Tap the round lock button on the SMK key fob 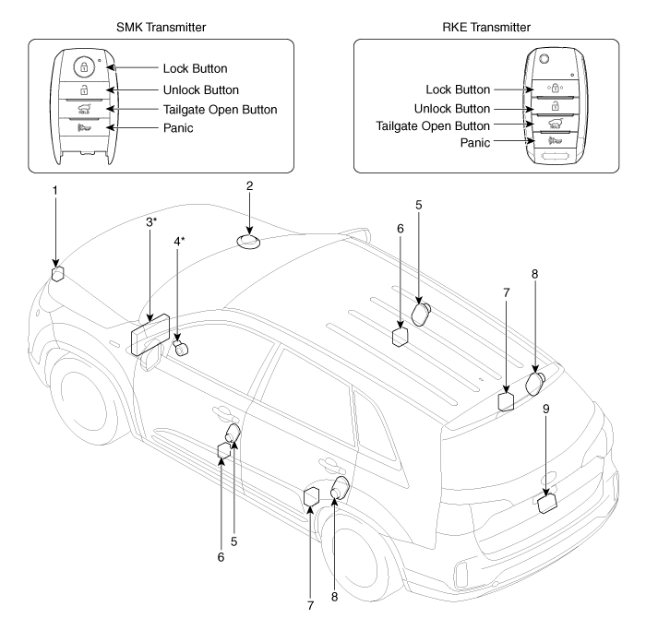pyautogui.click(x=84, y=67)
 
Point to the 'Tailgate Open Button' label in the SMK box pyautogui.click(x=220, y=110)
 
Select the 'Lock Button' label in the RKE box pyautogui.click(x=460, y=89)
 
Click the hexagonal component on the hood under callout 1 pyautogui.click(x=56, y=274)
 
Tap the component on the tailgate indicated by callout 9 pyautogui.click(x=546, y=504)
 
